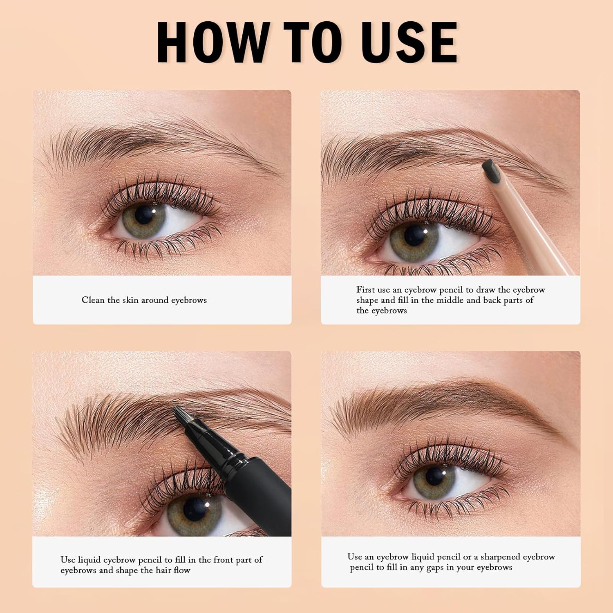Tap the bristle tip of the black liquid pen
(x=179, y=414)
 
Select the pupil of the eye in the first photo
(x=144, y=214)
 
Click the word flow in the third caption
(x=182, y=570)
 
